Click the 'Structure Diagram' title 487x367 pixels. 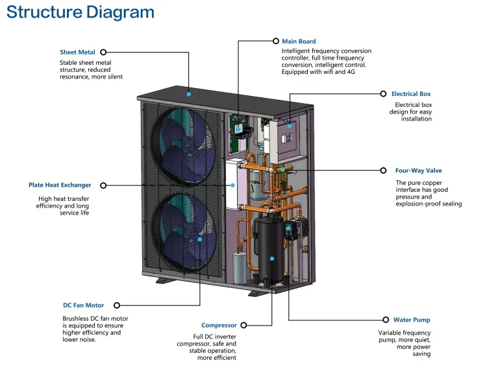click(x=81, y=12)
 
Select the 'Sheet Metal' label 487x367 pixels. click(x=77, y=52)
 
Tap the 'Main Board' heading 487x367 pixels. click(x=299, y=41)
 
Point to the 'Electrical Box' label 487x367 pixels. click(x=411, y=94)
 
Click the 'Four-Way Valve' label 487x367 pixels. click(x=419, y=171)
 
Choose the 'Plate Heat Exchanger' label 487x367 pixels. click(x=60, y=185)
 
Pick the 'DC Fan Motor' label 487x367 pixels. click(x=83, y=305)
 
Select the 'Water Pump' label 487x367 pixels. click(x=412, y=320)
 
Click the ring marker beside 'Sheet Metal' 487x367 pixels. click(x=103, y=52)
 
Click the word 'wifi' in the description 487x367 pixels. click(x=326, y=72)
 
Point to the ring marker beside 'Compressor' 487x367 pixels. click(x=243, y=326)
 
